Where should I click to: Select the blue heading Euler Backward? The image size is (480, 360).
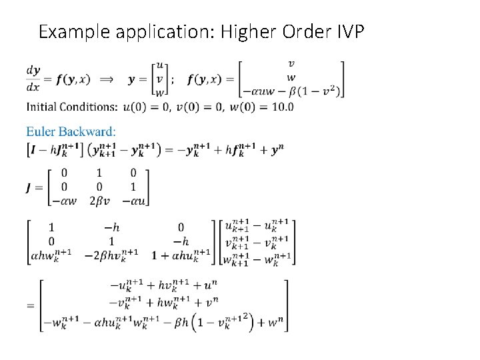[x=71, y=131]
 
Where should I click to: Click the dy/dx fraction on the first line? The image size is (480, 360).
[x=33, y=79]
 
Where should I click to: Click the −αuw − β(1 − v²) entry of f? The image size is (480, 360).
[x=291, y=91]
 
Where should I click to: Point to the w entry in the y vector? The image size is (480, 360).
[x=159, y=93]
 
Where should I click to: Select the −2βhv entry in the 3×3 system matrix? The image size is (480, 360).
[x=111, y=254]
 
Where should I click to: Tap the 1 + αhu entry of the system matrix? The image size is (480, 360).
[x=181, y=254]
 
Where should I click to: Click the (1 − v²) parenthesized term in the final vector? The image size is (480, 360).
[x=225, y=323]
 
